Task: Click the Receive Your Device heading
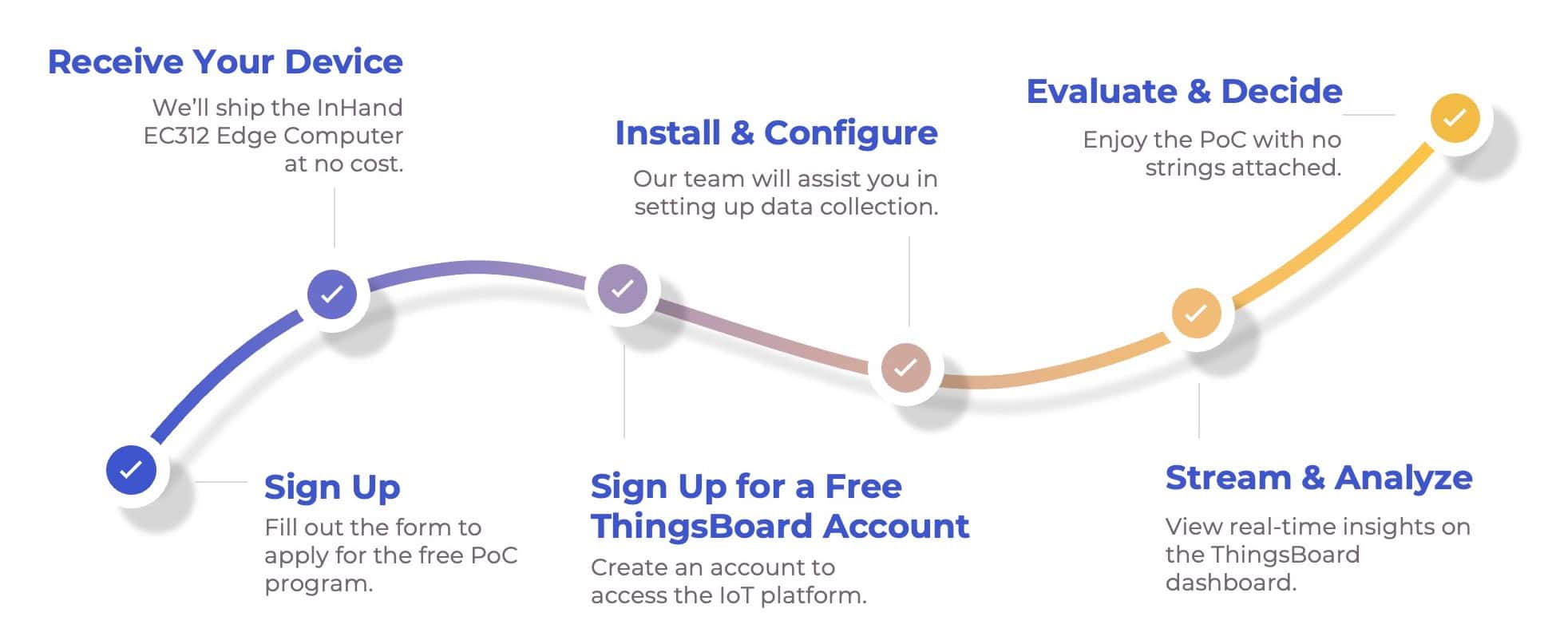[x=225, y=61]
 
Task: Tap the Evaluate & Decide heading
[x=1184, y=91]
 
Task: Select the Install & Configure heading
[x=776, y=133]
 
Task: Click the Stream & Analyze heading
[x=1319, y=478]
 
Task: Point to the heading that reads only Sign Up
[x=332, y=488]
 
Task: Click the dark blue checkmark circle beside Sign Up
[x=132, y=469]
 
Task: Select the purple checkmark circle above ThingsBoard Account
[x=623, y=288]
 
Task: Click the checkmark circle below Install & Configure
[x=905, y=368]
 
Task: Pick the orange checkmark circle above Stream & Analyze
[x=1196, y=313]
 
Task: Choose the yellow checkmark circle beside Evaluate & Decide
[x=1455, y=118]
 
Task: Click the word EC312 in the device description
[x=176, y=136]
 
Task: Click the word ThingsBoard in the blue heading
[x=703, y=527]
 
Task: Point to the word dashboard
[x=1230, y=583]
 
